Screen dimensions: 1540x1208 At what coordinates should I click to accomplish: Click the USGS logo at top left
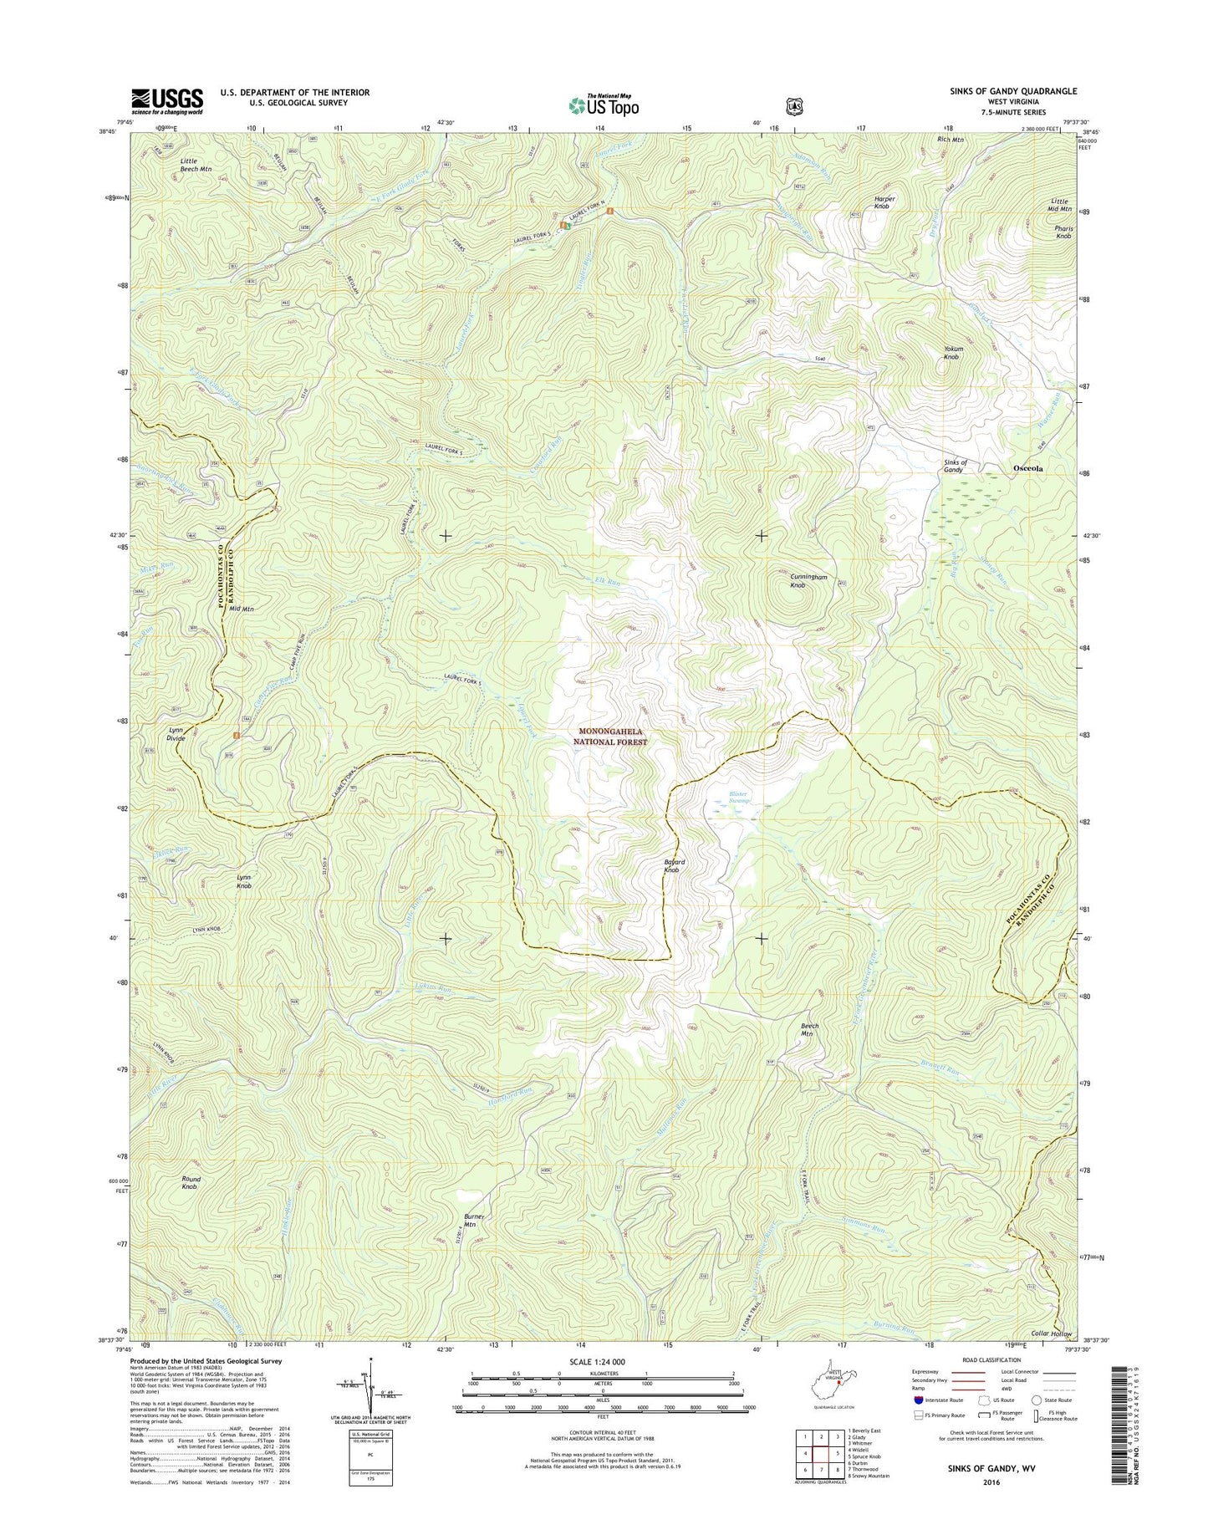click(x=166, y=100)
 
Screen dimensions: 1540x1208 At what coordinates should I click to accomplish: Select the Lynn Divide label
click(x=181, y=733)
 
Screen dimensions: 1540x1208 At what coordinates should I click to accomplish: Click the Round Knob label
click(x=191, y=1183)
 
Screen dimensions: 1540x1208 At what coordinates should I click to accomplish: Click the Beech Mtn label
click(x=810, y=1029)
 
